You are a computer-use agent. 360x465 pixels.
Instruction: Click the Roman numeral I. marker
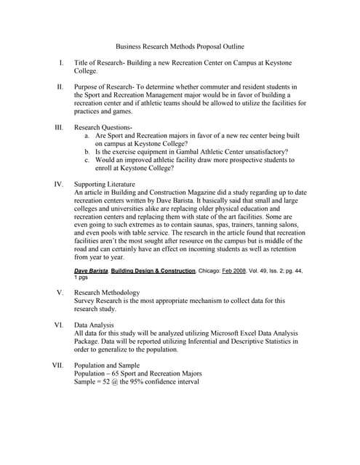tap(61, 63)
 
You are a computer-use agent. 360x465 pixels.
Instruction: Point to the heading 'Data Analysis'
tap(93, 325)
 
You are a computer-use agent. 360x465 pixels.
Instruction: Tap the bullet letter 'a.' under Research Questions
tap(87, 135)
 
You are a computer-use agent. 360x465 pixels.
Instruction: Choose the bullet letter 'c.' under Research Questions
tap(87, 159)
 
